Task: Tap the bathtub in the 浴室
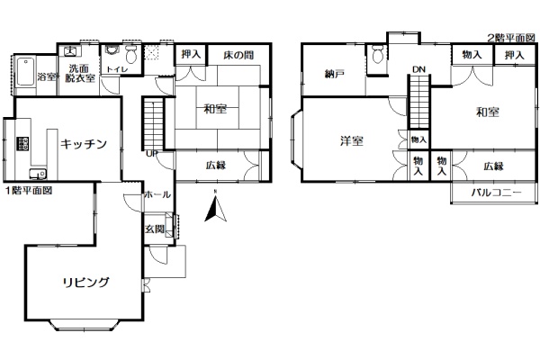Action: tap(25, 72)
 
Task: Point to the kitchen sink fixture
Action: tap(38, 174)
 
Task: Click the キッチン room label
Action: tap(84, 144)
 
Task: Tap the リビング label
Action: tap(85, 283)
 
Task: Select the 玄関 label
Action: tap(154, 229)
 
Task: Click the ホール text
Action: tap(157, 194)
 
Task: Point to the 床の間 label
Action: tap(238, 55)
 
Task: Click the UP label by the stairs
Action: tap(152, 154)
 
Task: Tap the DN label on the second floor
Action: tap(418, 69)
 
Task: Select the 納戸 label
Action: tap(335, 74)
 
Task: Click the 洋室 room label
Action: tap(352, 141)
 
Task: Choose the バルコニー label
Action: tap(496, 193)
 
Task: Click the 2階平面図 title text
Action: tap(511, 38)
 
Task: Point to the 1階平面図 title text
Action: tap(29, 191)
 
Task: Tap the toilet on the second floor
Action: tap(378, 54)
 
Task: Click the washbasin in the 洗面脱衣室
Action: tap(71, 51)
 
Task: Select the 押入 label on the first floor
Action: tap(191, 54)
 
